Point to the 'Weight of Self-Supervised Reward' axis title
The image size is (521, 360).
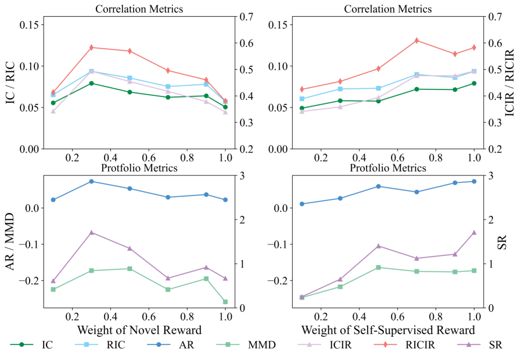388,330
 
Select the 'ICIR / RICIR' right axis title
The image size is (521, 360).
510,82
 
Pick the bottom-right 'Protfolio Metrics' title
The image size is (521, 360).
388,168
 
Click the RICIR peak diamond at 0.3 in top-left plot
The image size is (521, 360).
91,48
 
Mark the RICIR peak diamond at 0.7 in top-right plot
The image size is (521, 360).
416,41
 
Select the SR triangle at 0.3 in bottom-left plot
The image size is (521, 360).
91,232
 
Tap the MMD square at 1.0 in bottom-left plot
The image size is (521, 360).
225,301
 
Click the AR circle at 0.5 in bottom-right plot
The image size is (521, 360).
378,186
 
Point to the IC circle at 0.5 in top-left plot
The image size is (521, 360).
130,92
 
